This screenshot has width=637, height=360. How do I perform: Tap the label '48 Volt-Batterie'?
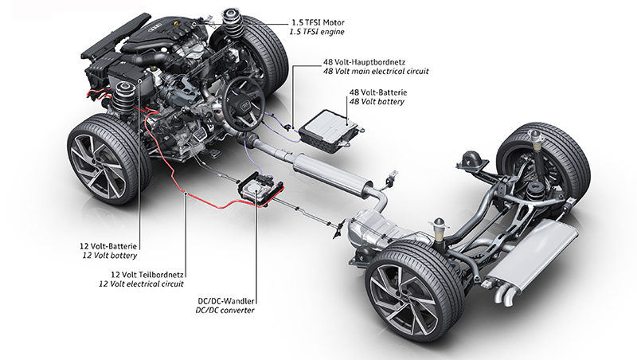pos(377,91)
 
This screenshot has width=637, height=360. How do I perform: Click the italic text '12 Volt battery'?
pos(110,256)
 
